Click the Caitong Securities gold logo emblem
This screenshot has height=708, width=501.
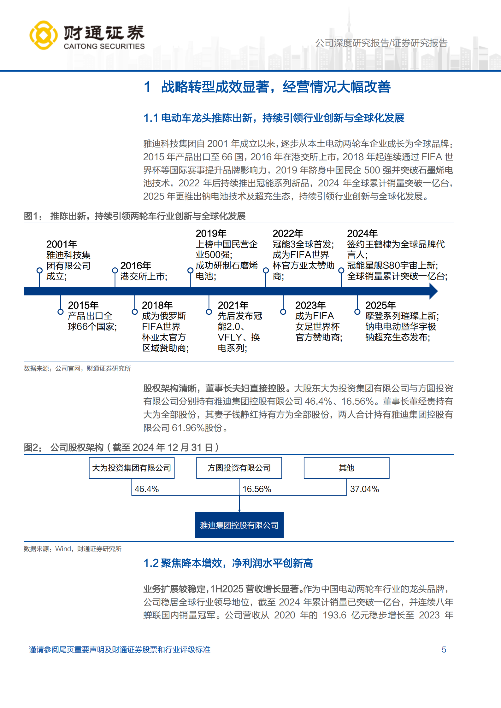[x=44, y=35]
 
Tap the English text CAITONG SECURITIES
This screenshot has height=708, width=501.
[x=104, y=46]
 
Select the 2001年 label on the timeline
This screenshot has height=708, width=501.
[x=62, y=244]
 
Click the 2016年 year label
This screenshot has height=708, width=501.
[x=136, y=266]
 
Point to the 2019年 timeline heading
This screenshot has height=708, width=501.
[x=211, y=233]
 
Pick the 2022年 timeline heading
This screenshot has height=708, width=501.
[x=288, y=233]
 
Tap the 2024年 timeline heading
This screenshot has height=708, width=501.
[x=362, y=233]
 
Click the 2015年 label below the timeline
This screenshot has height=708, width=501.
[x=83, y=305]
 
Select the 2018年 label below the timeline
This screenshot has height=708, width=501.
[x=157, y=305]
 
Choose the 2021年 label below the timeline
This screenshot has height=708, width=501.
[x=233, y=305]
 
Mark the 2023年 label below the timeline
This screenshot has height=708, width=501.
[x=310, y=305]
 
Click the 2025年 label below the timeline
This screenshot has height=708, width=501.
[x=380, y=305]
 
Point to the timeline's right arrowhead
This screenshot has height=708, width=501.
[x=433, y=291]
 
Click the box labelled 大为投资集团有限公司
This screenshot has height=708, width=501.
[x=132, y=468]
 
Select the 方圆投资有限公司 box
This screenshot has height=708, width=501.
[x=239, y=468]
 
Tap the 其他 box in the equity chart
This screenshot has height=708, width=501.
[x=346, y=468]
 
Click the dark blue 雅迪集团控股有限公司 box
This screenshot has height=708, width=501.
[x=239, y=525]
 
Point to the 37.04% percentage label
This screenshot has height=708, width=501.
[x=364, y=489]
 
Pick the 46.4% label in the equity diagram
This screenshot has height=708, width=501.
[x=147, y=489]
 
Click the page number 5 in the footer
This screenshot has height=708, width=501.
[x=444, y=650]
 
